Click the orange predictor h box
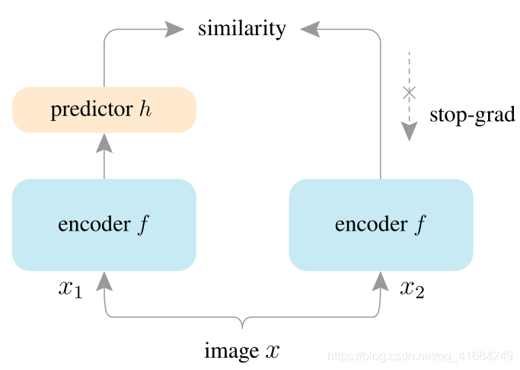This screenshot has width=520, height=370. (x=104, y=110)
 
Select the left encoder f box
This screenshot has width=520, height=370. (x=104, y=225)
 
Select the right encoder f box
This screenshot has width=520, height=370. (x=381, y=225)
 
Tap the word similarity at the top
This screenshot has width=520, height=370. (x=241, y=29)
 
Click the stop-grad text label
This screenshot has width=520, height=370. (x=472, y=115)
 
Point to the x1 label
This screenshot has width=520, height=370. (x=70, y=289)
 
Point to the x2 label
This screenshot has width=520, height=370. (x=412, y=289)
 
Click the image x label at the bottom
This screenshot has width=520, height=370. (x=242, y=351)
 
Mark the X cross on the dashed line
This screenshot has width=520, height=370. (x=409, y=93)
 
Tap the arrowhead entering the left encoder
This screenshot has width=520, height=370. (x=104, y=281)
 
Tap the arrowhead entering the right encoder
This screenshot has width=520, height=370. (x=380, y=281)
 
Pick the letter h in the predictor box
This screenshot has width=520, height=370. (x=145, y=110)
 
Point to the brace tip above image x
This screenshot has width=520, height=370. (x=242, y=327)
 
